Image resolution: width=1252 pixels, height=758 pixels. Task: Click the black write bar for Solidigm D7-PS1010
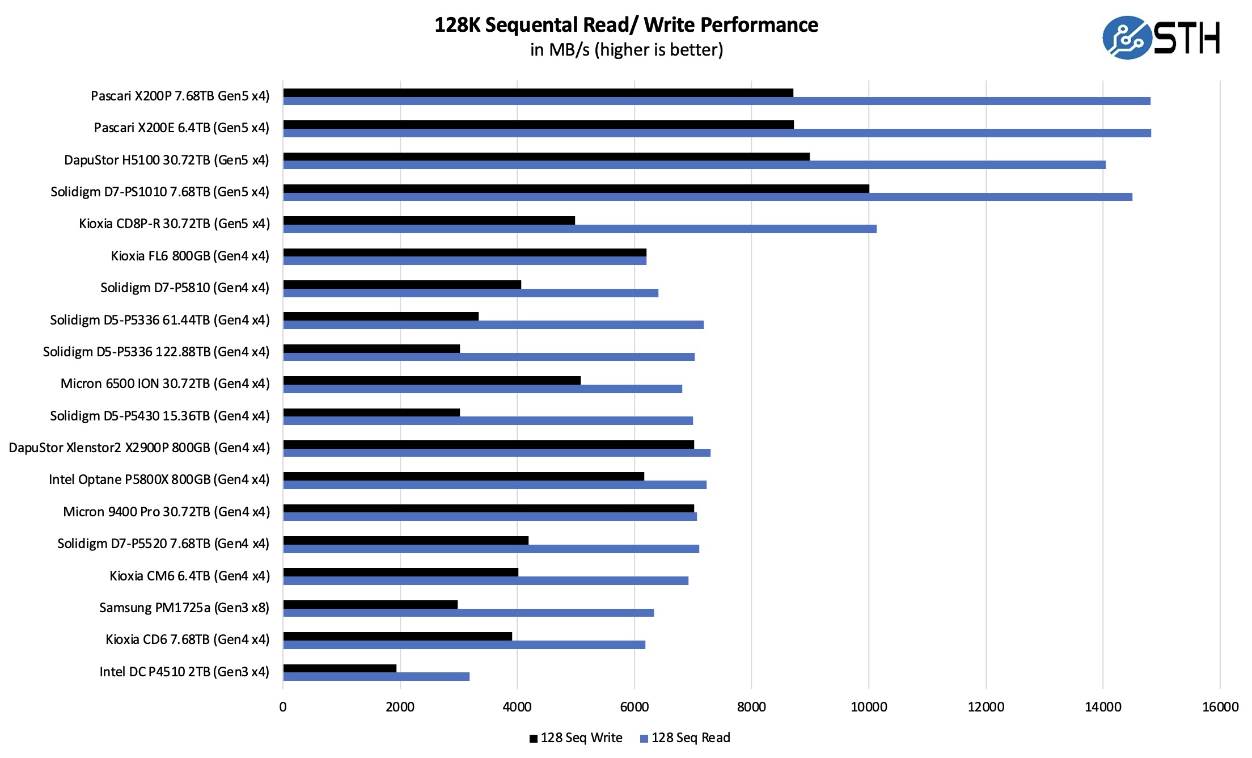pos(576,189)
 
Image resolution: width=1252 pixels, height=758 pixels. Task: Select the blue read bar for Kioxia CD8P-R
pos(580,229)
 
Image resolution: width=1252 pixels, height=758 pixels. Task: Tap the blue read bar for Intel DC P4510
pos(376,676)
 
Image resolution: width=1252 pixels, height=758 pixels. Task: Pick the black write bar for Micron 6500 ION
pos(432,381)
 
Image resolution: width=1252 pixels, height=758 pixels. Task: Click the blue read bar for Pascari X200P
pos(716,101)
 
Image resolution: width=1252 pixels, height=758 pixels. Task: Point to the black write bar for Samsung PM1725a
pos(370,605)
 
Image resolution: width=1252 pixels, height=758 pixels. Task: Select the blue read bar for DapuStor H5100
pos(694,165)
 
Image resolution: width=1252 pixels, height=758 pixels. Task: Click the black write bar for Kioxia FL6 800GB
pos(464,252)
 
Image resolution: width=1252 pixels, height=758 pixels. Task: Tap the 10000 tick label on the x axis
pos(869,707)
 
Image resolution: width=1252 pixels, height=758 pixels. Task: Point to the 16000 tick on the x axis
pos(1220,707)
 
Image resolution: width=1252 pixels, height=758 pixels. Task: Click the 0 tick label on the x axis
pos(283,707)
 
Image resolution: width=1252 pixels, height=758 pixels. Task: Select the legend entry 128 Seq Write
pos(576,738)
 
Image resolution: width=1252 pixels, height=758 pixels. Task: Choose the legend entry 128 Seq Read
pos(685,738)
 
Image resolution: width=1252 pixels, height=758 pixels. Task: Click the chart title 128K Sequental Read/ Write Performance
pos(626,25)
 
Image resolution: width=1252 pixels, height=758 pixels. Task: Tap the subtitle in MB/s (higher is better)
pos(626,50)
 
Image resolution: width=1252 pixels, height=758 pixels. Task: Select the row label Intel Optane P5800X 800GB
pos(159,480)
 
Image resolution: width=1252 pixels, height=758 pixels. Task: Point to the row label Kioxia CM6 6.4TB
pos(189,576)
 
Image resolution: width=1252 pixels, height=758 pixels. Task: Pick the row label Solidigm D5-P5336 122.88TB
pos(156,352)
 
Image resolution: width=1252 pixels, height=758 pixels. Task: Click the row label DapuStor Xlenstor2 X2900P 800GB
pos(139,448)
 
